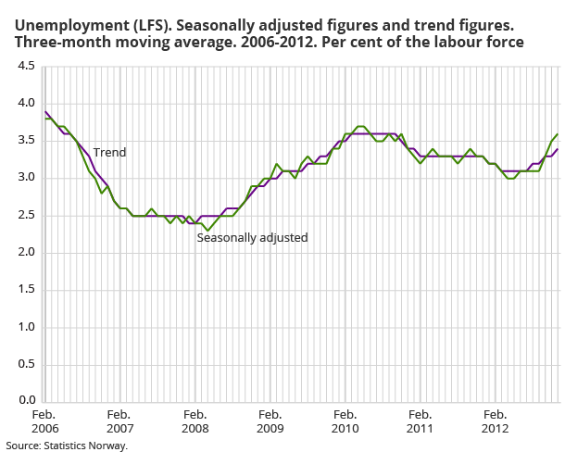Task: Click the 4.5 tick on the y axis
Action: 26,67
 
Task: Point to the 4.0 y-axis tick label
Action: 26,104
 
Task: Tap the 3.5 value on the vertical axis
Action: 26,141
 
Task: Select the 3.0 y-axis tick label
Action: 26,178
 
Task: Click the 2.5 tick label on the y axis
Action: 26,215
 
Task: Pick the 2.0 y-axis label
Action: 26,253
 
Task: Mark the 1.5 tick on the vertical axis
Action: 26,290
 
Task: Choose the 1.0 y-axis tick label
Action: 26,327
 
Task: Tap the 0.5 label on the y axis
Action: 26,364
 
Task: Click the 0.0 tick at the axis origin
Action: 26,401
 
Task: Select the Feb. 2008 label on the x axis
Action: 195,422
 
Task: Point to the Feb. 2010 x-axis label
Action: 345,422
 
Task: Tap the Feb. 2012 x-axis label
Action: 496,422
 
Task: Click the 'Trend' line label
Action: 108,152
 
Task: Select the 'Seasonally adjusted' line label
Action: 252,238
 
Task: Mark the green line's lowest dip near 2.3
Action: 208,230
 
